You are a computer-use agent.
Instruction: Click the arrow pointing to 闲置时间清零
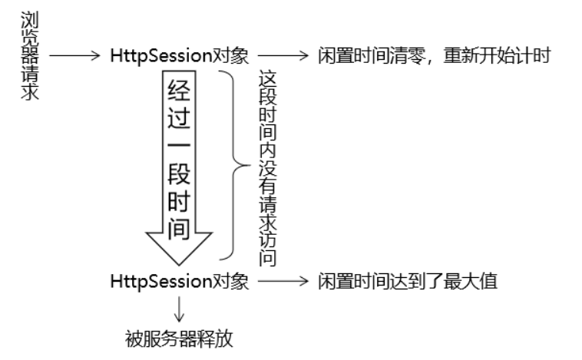283,56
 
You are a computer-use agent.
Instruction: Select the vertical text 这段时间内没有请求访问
266,170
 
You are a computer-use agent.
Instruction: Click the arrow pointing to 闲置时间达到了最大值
283,282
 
